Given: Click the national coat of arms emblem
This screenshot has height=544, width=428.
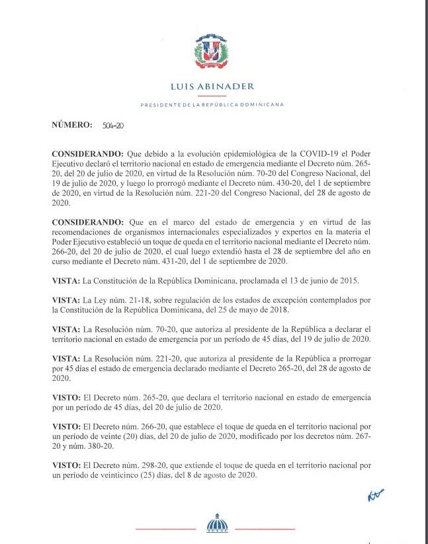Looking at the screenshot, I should point(212,52).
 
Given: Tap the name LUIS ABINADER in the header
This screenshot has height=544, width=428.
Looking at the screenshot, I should point(212,87).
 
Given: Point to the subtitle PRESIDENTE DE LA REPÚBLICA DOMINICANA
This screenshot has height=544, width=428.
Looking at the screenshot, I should point(212,105).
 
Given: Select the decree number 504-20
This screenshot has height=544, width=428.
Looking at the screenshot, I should point(113,125).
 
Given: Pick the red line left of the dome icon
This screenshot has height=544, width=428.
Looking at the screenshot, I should point(165,529).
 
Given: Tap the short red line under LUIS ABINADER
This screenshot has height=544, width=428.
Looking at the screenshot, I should point(212,96).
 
